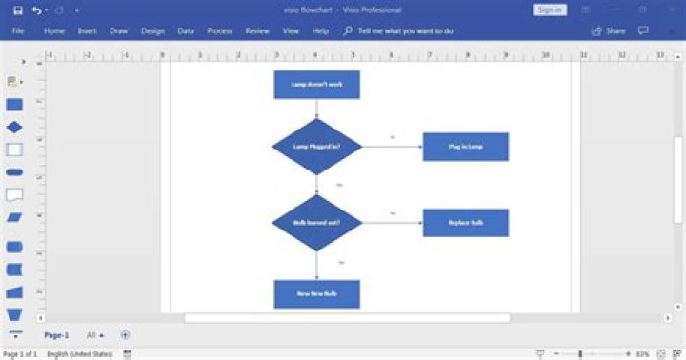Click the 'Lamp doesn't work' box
click(316, 85)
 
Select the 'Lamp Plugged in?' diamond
click(317, 147)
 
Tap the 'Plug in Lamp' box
click(466, 147)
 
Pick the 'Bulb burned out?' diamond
click(317, 223)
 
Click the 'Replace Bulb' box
click(466, 223)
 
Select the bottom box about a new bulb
click(316, 293)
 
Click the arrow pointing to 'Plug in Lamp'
click(392, 147)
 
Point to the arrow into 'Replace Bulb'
click(392, 223)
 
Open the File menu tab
click(18, 31)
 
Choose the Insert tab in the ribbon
click(87, 31)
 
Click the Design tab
click(152, 31)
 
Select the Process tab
click(219, 31)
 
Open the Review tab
click(257, 31)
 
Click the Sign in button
click(550, 10)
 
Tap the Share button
click(609, 31)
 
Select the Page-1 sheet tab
click(56, 335)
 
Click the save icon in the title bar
click(17, 10)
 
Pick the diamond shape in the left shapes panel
click(14, 127)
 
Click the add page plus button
click(125, 335)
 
